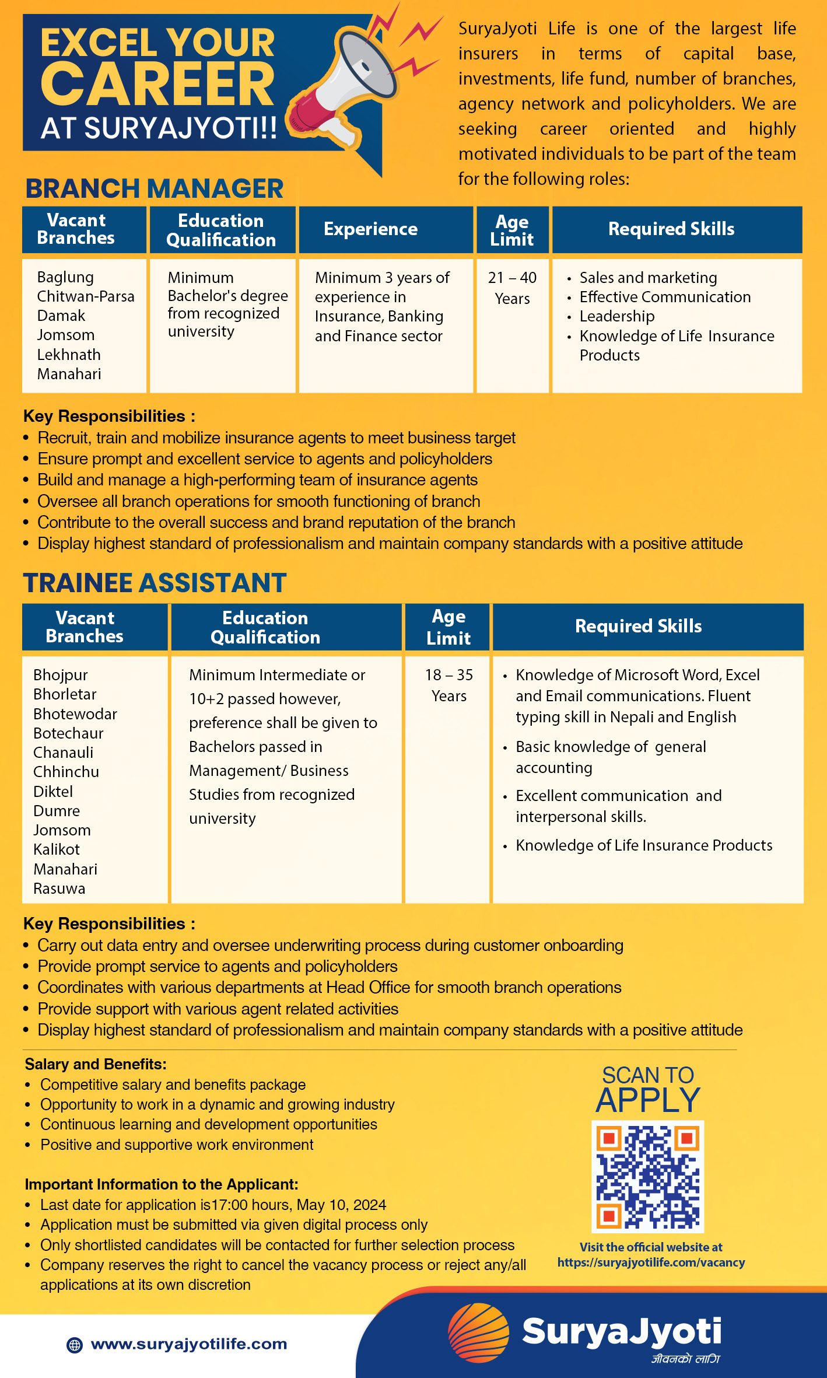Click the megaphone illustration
click(x=344, y=88)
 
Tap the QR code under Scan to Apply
click(x=647, y=1176)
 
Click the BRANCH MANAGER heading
click(x=155, y=188)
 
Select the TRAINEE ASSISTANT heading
click(x=155, y=583)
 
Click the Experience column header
click(x=371, y=229)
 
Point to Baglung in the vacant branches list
click(x=65, y=277)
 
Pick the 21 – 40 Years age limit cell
click(x=512, y=288)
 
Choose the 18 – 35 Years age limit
click(x=448, y=685)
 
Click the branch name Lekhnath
click(x=69, y=355)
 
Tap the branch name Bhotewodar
click(x=75, y=714)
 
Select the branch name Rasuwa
click(x=59, y=889)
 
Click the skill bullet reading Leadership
click(x=617, y=316)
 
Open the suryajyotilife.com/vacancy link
click(x=651, y=1262)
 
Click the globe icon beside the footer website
click(x=75, y=1345)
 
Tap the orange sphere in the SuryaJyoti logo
click(x=478, y=1332)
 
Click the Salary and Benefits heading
click(x=96, y=1064)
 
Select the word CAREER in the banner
click(x=157, y=85)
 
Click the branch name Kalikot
click(x=57, y=849)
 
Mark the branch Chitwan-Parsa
click(x=86, y=296)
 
